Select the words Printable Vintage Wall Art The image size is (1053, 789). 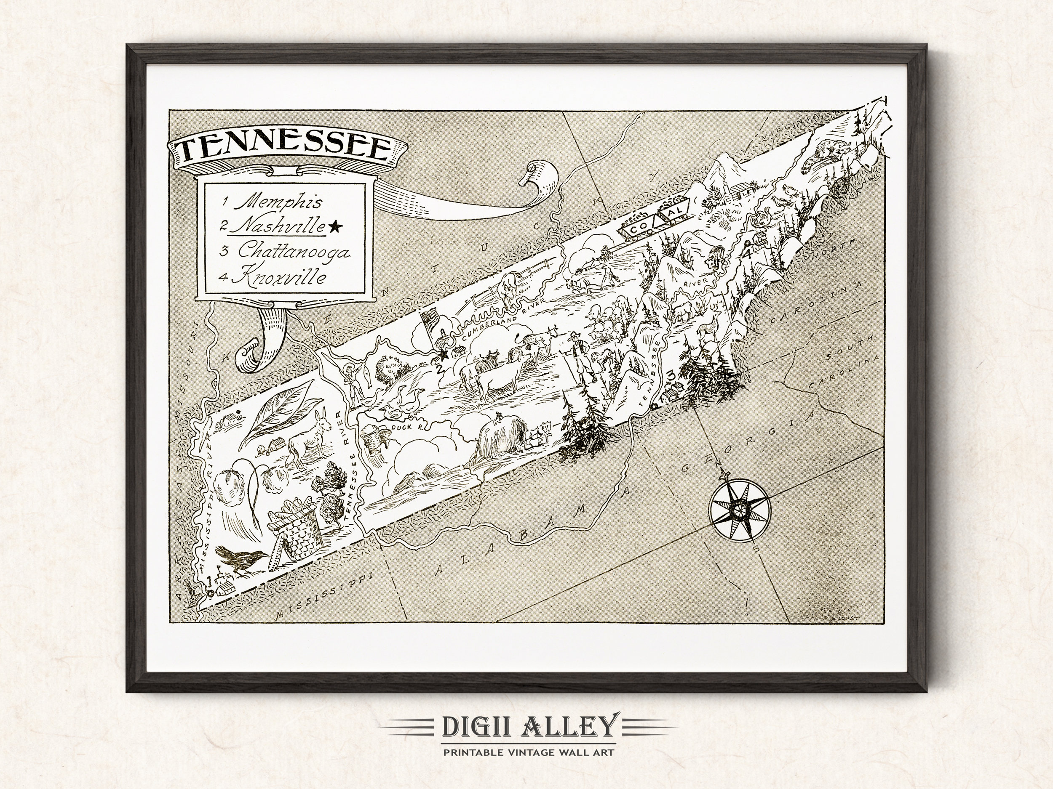529,752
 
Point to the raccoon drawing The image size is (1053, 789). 826,154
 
